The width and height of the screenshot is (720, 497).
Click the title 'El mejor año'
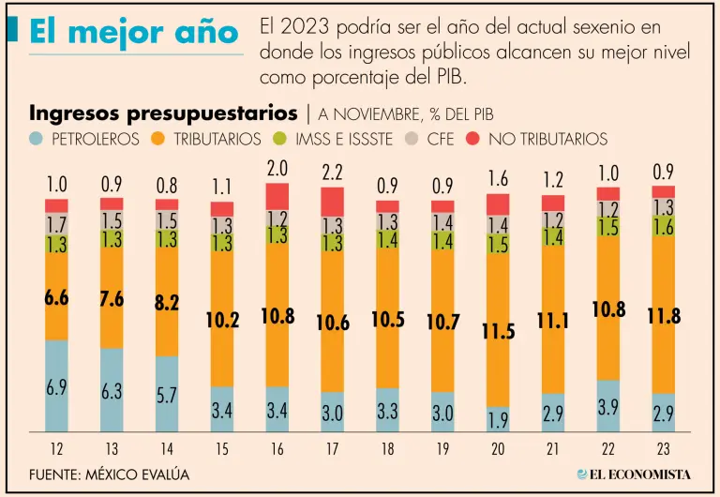click(133, 34)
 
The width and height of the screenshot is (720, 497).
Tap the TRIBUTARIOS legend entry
click(207, 139)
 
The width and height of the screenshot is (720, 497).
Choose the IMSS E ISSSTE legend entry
click(329, 139)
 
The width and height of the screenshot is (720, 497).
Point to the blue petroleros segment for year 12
click(56, 384)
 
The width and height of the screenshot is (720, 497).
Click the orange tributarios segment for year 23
click(664, 314)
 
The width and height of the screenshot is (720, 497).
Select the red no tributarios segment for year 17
click(333, 202)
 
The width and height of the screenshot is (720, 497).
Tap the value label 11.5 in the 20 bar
click(499, 332)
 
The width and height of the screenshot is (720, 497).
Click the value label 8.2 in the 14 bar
click(167, 303)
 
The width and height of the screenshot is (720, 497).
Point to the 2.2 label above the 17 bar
click(333, 173)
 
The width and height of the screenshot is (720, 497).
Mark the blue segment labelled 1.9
click(499, 419)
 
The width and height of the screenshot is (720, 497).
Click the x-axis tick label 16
click(277, 449)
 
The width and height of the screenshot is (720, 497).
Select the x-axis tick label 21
click(553, 449)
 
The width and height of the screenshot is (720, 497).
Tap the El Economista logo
click(633, 474)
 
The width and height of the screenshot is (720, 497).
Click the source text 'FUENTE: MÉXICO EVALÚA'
click(109, 474)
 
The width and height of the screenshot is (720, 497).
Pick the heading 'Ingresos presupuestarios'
click(164, 113)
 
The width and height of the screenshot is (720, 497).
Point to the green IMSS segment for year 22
click(608, 227)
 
